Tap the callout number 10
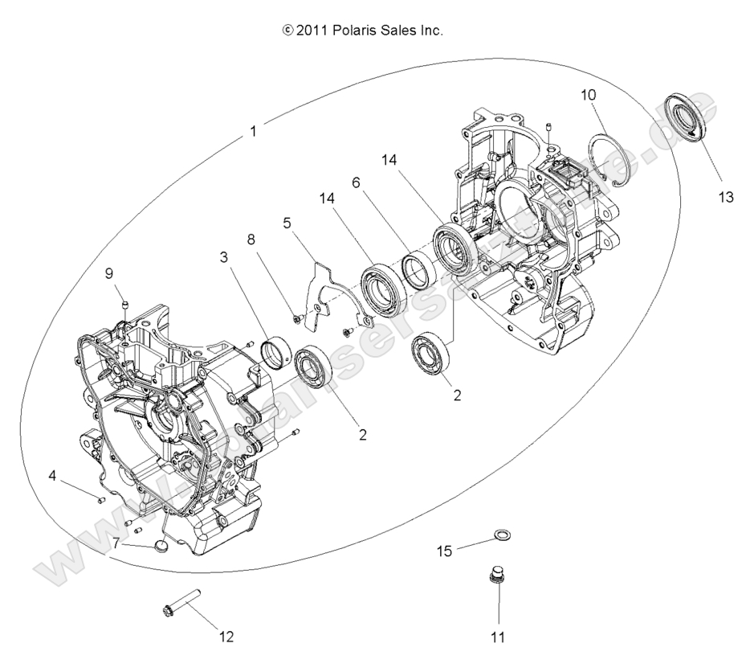coord(589,95)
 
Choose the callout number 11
coord(498,637)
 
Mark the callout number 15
coord(444,551)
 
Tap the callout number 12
coord(226,637)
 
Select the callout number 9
coord(109,272)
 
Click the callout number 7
coord(116,544)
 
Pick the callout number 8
coord(251,239)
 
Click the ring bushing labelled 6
coord(418,270)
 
